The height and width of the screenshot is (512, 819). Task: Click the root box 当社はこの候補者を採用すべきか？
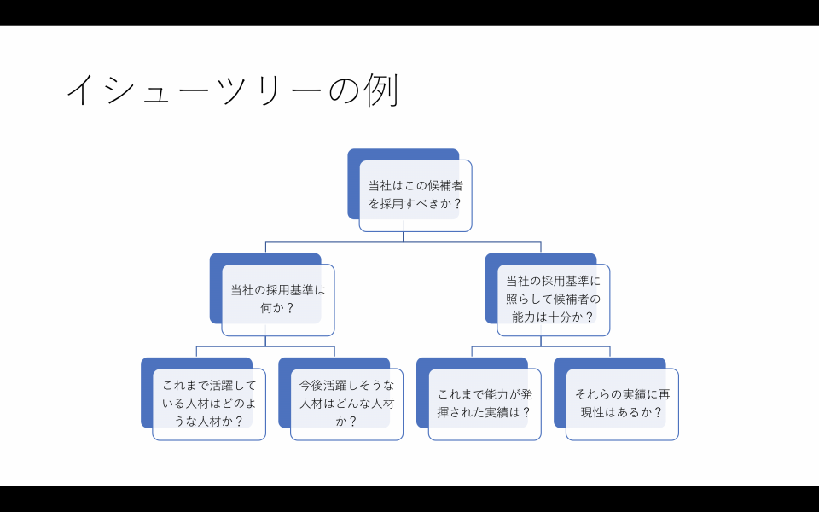(x=415, y=195)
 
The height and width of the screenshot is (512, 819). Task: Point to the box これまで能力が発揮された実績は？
(x=485, y=404)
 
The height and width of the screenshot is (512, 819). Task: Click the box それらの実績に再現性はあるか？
(x=622, y=404)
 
